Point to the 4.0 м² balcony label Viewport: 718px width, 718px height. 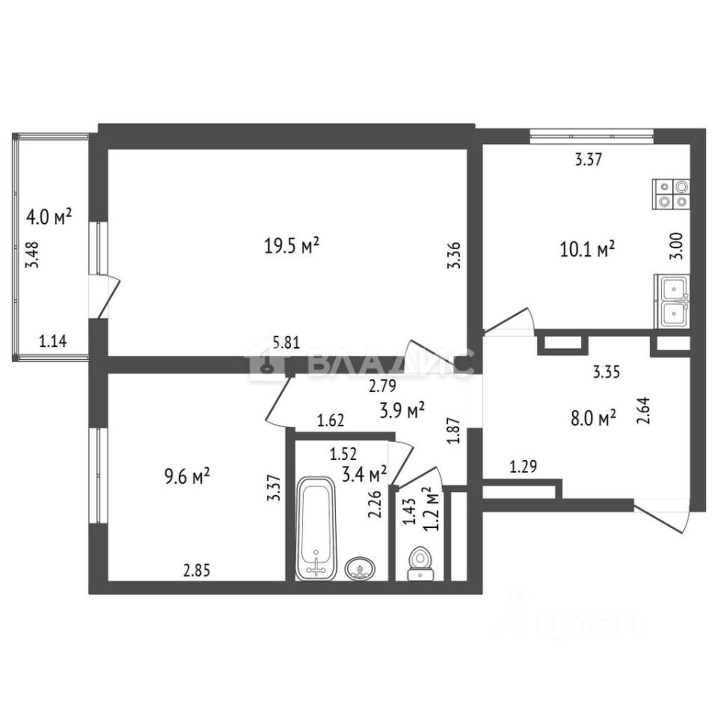click(x=49, y=217)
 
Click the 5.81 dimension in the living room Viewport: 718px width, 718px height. click(x=286, y=343)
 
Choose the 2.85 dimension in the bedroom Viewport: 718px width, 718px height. click(x=197, y=571)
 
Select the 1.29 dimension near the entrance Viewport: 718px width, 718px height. click(x=524, y=468)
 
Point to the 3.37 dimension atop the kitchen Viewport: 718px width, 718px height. click(x=588, y=159)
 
